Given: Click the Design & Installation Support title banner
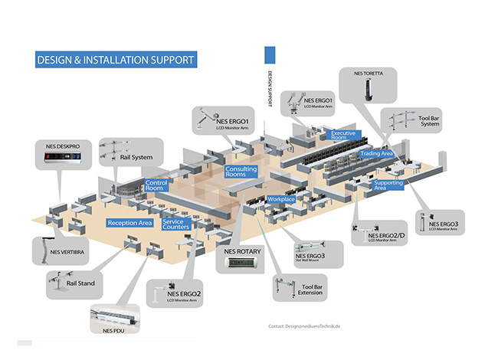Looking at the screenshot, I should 116,59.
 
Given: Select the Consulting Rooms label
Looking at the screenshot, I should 236,172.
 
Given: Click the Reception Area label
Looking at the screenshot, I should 129,223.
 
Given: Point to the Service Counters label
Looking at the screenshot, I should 176,224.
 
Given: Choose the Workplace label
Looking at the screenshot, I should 282,199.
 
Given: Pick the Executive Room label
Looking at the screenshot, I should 344,136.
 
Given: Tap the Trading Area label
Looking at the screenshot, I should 376,154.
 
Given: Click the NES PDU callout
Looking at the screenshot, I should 115,321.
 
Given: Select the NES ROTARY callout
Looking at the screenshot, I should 241,259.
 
